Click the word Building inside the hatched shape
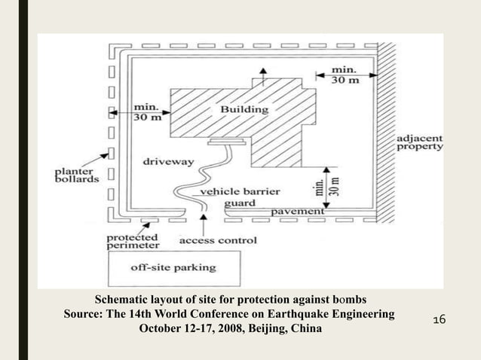click(x=244, y=110)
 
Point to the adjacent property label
click(x=421, y=144)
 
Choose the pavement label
click(x=298, y=212)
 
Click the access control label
click(x=218, y=241)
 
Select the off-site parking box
click(x=173, y=267)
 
